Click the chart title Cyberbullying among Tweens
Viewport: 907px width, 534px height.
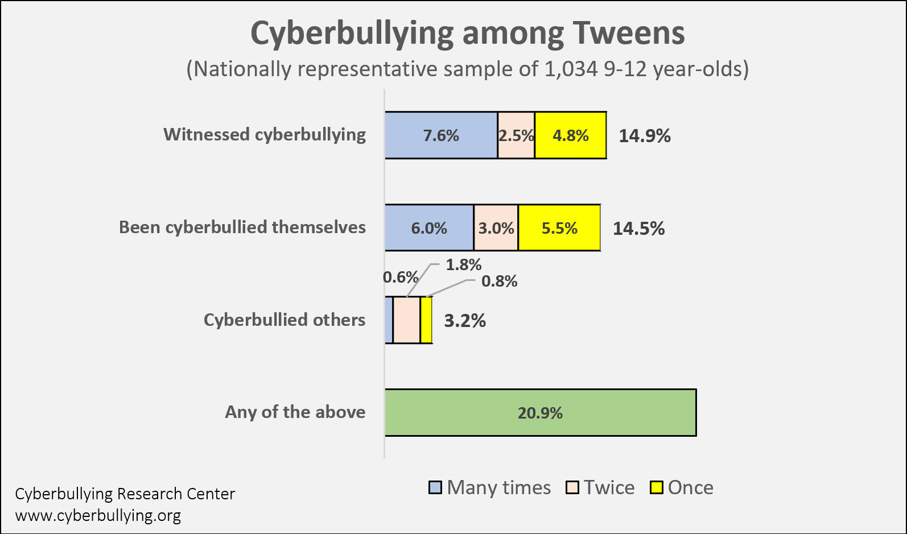(467, 33)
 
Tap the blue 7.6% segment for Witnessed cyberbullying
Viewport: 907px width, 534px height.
(441, 135)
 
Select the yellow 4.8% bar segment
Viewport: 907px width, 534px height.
(570, 135)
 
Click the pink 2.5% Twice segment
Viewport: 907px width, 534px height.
(516, 135)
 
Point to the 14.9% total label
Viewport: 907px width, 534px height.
(644, 136)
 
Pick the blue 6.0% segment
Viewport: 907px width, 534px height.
(429, 228)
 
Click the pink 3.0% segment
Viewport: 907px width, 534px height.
(496, 228)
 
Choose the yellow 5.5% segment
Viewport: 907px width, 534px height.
(559, 228)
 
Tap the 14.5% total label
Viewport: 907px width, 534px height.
(638, 229)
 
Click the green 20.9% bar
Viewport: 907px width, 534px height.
(540, 413)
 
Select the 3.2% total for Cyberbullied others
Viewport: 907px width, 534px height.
(464, 321)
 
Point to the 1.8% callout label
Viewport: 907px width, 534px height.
(463, 264)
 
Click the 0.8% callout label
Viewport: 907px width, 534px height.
(499, 281)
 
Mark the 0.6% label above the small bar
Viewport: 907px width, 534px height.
(401, 277)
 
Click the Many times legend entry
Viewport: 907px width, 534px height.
(490, 487)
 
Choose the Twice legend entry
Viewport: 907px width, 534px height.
(600, 487)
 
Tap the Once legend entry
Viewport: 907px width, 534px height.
(682, 487)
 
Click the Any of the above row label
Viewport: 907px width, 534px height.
(295, 412)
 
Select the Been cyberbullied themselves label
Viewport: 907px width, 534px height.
(242, 227)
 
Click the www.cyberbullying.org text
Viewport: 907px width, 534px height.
(98, 515)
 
